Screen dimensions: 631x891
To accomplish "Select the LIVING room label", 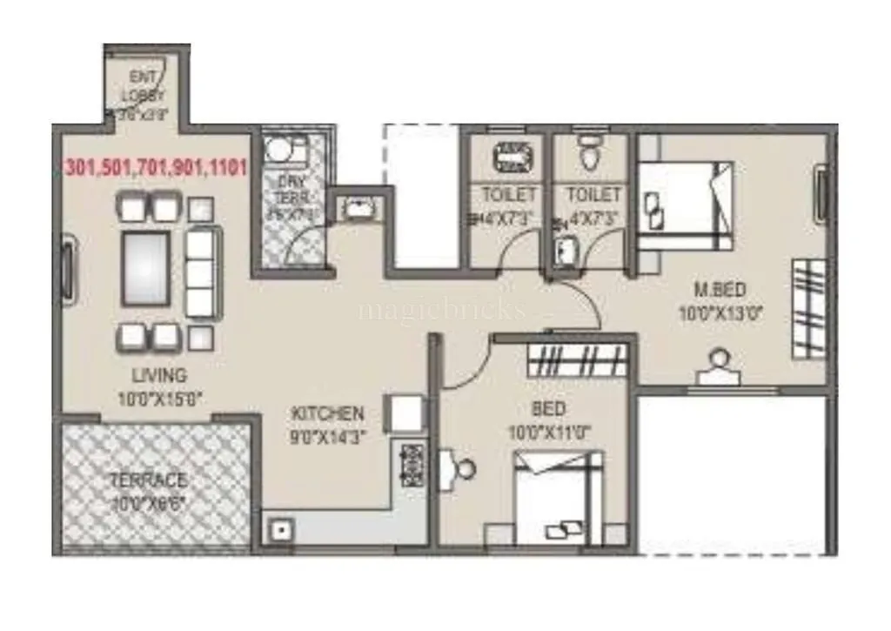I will (159, 376).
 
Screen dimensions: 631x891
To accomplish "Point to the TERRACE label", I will (148, 480).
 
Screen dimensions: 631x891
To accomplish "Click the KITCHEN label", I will (327, 413).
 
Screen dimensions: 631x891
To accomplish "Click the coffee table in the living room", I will (146, 268).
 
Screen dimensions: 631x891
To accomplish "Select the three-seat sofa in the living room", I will (201, 273).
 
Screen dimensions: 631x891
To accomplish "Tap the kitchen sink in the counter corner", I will (281, 527).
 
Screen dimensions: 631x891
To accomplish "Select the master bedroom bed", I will (684, 205).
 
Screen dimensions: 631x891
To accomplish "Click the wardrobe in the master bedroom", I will (809, 309).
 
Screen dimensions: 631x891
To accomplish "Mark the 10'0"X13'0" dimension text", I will (720, 313).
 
